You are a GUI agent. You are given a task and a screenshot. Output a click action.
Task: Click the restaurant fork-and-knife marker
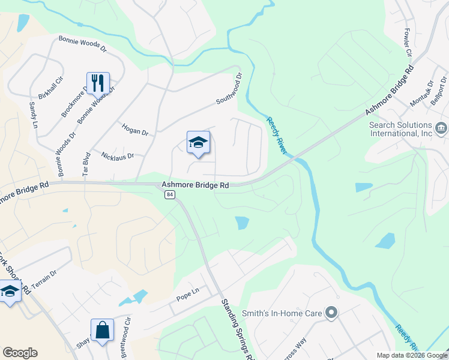coord(98,83)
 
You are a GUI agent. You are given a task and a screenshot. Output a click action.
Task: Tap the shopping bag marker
coord(102,330)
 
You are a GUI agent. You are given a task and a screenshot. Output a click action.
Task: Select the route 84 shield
coord(170,196)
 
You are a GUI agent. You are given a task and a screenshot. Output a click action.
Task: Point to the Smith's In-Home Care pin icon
coord(331,313)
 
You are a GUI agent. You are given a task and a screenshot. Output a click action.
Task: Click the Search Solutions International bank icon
coord(441,127)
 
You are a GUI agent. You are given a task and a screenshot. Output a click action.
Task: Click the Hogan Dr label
coord(134,128)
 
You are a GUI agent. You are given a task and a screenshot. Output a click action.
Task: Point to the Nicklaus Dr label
coord(117,155)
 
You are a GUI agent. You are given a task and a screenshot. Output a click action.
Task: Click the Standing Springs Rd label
coord(238,329)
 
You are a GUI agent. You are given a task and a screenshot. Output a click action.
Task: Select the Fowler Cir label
coord(408,43)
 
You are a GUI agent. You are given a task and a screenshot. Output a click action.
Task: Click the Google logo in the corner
coord(20,353)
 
